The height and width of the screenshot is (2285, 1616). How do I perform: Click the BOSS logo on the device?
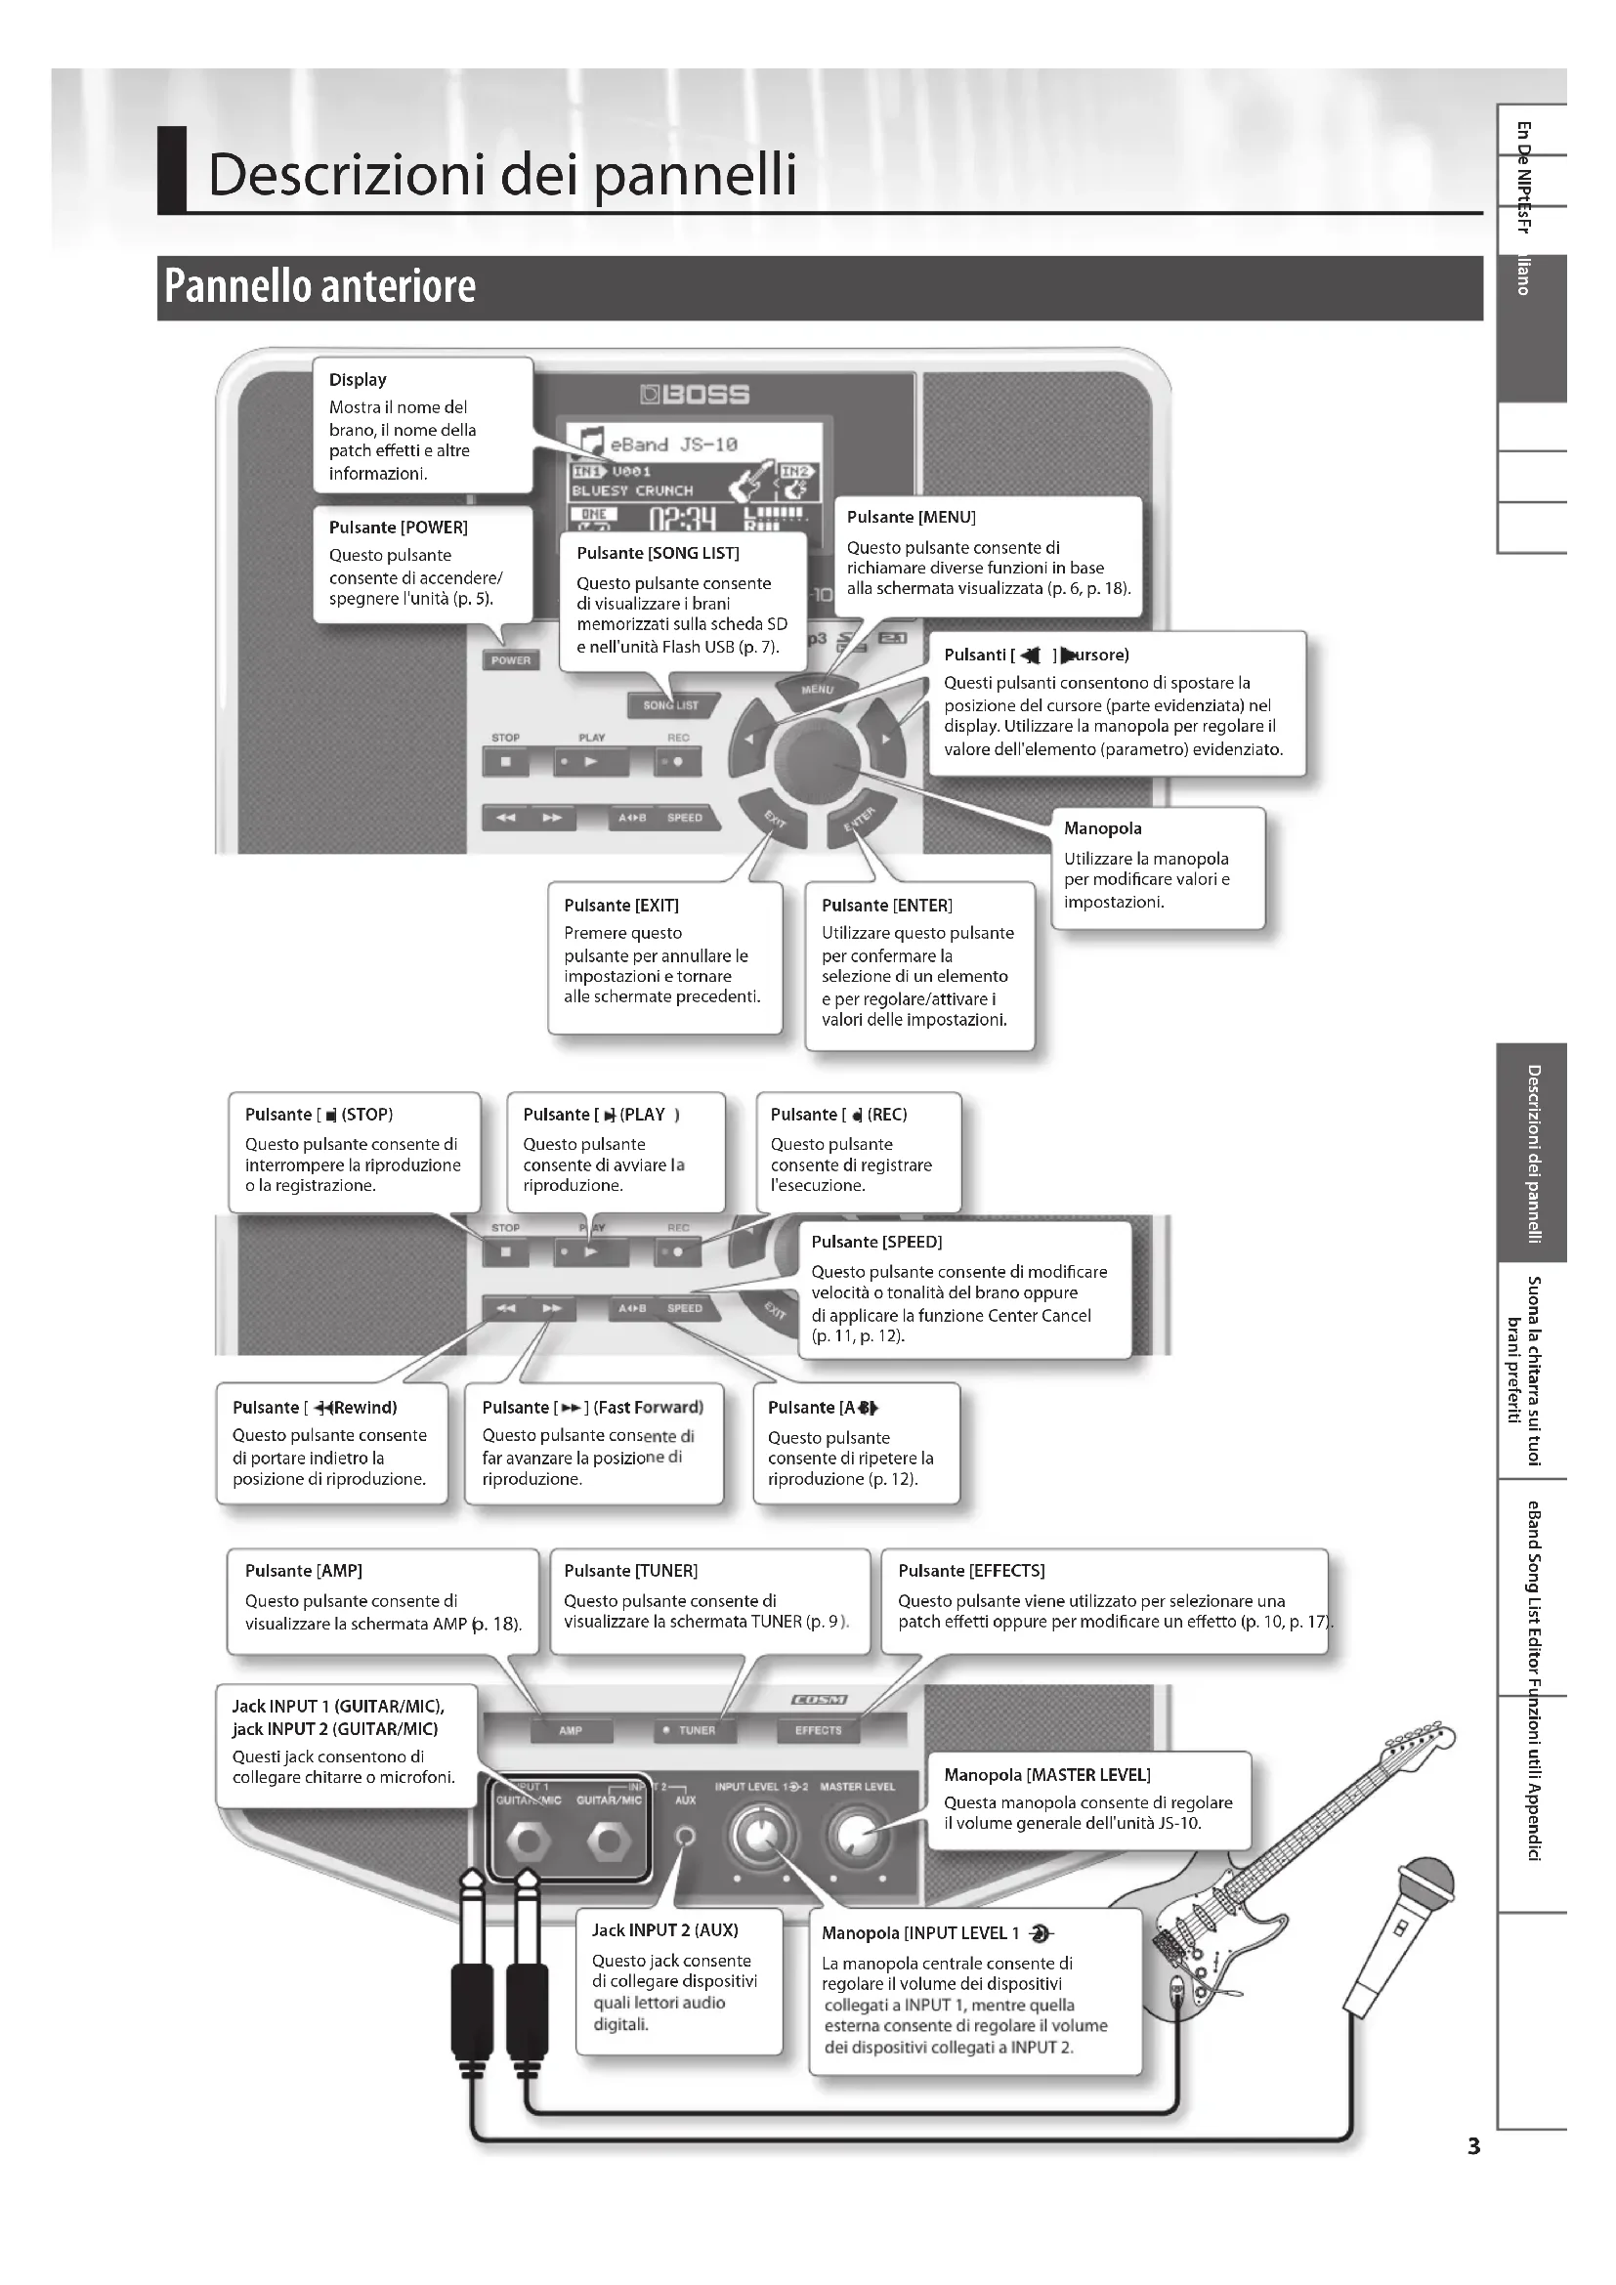click(x=696, y=394)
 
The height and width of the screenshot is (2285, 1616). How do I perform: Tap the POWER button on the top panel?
click(x=510, y=659)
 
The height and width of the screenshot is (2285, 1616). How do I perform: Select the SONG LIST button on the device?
click(x=669, y=704)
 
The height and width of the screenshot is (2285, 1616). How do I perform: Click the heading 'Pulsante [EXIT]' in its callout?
click(x=621, y=906)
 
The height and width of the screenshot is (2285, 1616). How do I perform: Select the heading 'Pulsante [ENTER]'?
click(x=886, y=906)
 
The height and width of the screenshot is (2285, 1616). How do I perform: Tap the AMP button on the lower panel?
click(x=571, y=1730)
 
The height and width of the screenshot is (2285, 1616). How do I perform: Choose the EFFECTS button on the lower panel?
click(x=818, y=1730)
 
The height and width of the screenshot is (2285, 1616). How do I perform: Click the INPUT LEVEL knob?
click(x=761, y=1836)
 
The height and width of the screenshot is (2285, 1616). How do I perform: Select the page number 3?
click(x=1473, y=2146)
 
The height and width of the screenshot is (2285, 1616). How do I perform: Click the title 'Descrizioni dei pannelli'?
click(x=502, y=174)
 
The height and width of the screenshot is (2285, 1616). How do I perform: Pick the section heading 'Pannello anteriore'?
click(x=319, y=286)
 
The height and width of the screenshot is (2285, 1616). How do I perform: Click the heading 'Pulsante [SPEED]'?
click(x=875, y=1242)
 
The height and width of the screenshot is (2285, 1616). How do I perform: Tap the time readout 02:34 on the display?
click(x=682, y=519)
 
